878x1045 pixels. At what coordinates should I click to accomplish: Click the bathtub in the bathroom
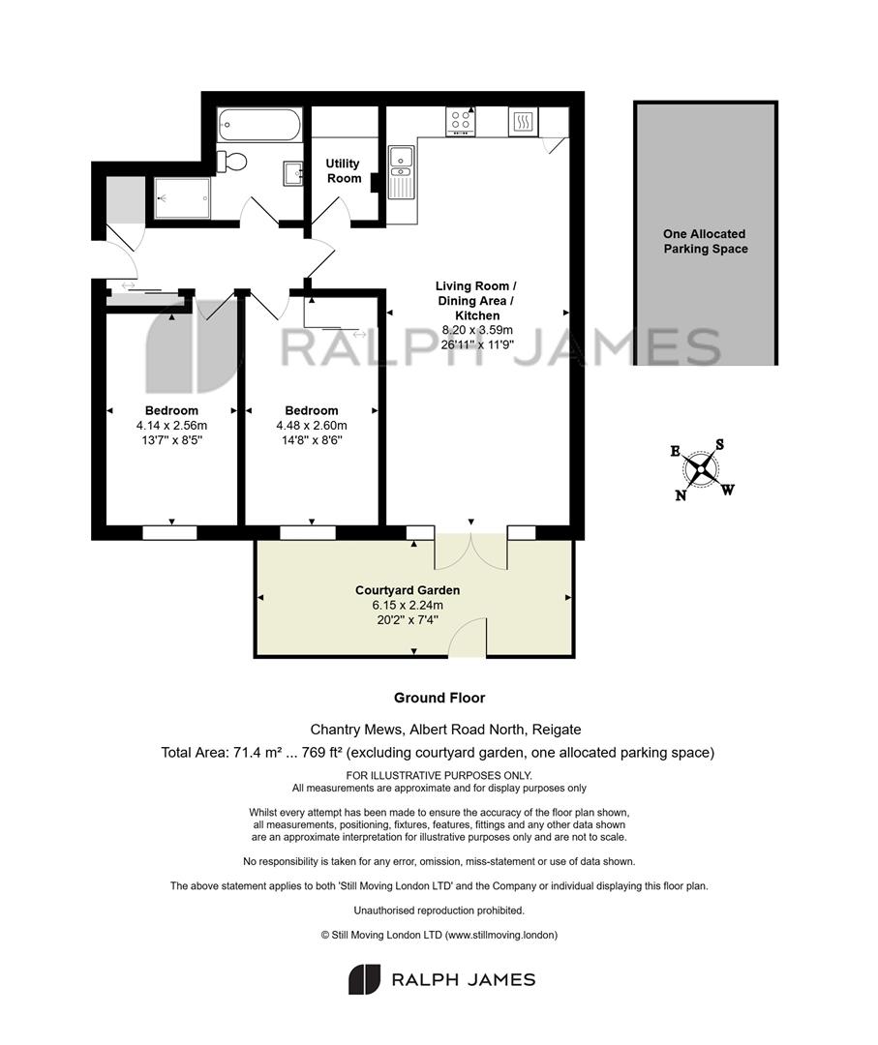(259, 125)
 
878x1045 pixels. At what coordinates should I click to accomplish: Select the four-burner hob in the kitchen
(461, 121)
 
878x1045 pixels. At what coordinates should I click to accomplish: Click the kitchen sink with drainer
(402, 172)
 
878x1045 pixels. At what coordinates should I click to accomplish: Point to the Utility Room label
(344, 170)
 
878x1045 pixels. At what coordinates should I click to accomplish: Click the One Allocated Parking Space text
(706, 241)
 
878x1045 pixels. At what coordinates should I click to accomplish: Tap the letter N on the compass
(681, 495)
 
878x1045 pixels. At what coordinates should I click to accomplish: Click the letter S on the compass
(719, 444)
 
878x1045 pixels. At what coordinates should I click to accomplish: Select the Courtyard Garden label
(408, 590)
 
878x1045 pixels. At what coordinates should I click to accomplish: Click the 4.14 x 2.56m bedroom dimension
(172, 425)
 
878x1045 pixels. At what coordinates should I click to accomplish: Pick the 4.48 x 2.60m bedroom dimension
(312, 425)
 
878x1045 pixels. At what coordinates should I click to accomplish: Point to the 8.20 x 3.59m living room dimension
(477, 330)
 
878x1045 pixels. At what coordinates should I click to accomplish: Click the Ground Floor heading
(439, 698)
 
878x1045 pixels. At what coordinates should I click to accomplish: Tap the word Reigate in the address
(557, 730)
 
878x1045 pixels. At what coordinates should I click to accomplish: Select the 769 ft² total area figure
(322, 753)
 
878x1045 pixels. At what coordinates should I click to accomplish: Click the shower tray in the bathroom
(182, 198)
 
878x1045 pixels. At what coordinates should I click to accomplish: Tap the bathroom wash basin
(293, 173)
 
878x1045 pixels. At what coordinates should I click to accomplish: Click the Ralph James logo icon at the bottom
(364, 979)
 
